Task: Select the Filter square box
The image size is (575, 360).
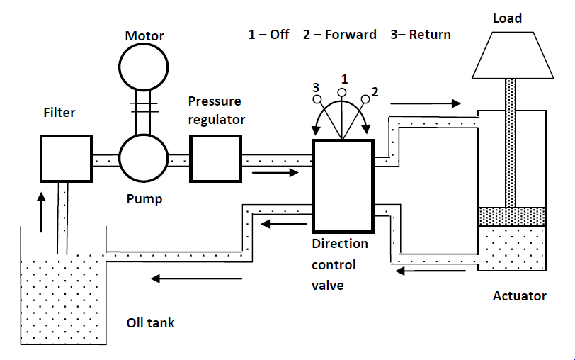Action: pos(66,159)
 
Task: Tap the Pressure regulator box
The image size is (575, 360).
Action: pos(215,159)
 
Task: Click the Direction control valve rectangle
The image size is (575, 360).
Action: pos(343,186)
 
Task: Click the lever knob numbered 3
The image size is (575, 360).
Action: pos(318,99)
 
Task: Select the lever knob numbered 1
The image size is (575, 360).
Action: pos(343,92)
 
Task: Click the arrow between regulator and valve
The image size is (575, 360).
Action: pos(275,171)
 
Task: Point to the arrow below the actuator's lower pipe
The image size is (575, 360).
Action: pos(431,270)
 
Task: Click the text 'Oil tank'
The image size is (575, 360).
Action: pos(150,323)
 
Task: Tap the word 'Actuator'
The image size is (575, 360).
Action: pos(519,296)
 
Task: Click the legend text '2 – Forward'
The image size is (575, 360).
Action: pos(339,35)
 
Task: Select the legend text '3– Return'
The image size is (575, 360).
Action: pos(421,35)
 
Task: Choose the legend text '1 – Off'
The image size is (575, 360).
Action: pos(268,35)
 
